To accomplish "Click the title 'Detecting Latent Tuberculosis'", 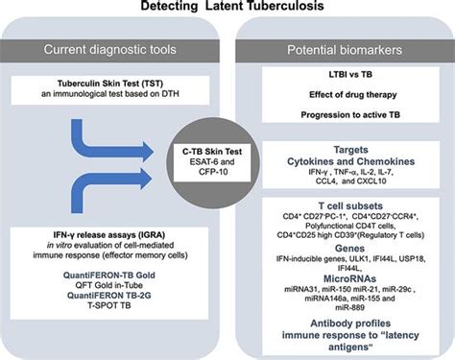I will pyautogui.click(x=228, y=8).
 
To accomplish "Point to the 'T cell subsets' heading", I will pyautogui.click(x=345, y=205).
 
